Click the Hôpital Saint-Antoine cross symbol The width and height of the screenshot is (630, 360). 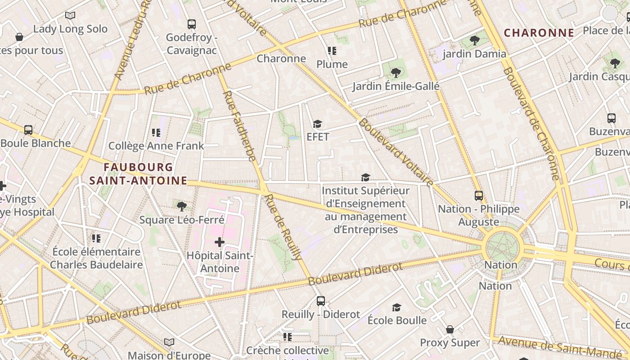click(219, 243)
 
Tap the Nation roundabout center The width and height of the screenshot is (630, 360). click(502, 247)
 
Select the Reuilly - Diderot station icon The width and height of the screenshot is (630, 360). click(320, 301)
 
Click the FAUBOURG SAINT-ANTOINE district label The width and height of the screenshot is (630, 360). click(138, 174)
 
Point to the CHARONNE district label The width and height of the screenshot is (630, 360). click(539, 33)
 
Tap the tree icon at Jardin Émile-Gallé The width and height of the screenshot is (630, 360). click(396, 72)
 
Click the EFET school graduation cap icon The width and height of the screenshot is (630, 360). click(318, 124)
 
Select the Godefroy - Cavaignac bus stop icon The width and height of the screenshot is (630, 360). click(192, 24)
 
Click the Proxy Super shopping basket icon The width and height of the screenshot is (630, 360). click(450, 329)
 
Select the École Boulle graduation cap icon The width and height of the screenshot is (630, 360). click(396, 307)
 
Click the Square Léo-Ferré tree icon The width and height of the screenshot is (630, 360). click(182, 207)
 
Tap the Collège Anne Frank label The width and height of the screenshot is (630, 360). click(156, 146)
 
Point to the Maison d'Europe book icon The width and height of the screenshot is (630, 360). click(169, 342)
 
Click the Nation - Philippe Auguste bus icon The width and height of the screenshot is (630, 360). click(478, 196)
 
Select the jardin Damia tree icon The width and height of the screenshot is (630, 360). click(474, 40)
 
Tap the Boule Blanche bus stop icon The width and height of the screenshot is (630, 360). click(28, 130)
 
